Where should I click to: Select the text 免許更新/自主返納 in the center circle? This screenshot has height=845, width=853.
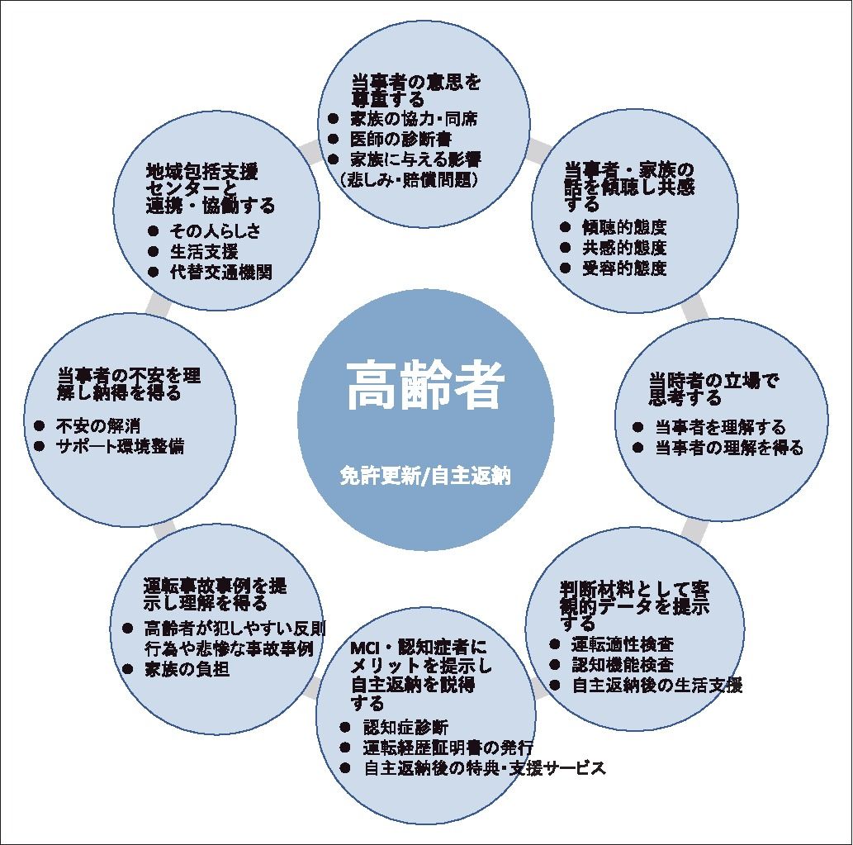point(425,477)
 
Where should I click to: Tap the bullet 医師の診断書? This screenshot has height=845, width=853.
point(400,139)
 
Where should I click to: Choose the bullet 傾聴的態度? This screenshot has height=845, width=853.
point(624,227)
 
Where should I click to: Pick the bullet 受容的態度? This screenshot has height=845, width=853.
point(624,268)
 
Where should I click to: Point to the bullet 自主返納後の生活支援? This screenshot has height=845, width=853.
point(656,685)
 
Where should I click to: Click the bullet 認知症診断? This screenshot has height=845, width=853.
point(405,728)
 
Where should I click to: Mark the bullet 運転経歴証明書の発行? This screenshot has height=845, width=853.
point(448,748)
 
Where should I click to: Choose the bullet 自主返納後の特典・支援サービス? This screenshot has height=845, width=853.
point(484,768)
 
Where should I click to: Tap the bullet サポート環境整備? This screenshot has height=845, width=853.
point(120,447)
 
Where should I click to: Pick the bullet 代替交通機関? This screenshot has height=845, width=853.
point(220,273)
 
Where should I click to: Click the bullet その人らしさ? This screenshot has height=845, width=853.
point(215,231)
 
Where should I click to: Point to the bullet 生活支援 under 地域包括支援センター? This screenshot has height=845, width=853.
point(203,252)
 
